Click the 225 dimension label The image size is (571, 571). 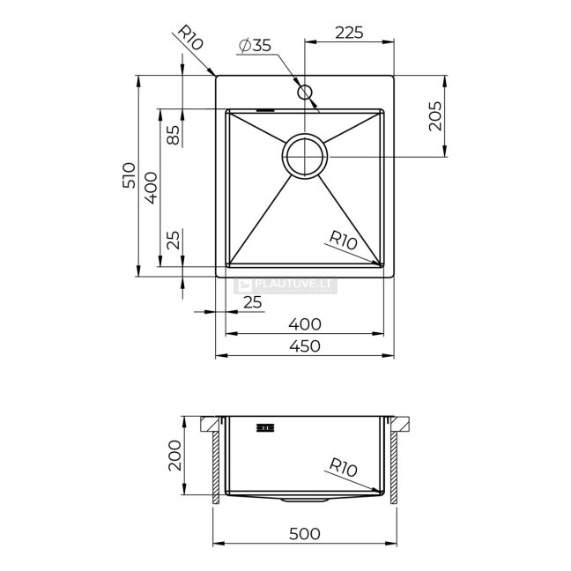click(349, 33)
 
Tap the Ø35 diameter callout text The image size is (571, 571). click(256, 46)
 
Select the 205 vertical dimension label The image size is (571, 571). click(435, 115)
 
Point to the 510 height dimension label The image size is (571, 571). click(129, 175)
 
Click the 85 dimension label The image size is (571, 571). click(174, 135)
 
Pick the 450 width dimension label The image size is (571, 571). click(305, 346)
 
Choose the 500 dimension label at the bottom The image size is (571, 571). click(305, 534)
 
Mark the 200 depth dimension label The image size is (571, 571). click(174, 456)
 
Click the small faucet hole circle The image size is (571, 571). click(304, 93)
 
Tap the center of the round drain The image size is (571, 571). click(305, 157)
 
